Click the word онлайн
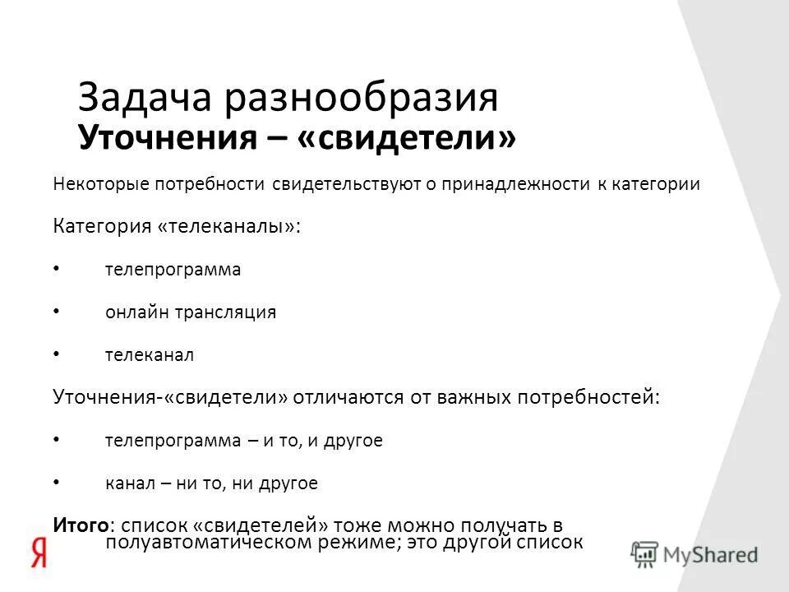[131, 312]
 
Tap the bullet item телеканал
[149, 355]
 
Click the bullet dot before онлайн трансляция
[56, 312]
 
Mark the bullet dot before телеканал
[56, 354]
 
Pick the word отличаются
[341, 397]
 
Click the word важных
[467, 397]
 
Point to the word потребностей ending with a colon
[587, 397]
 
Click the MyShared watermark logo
[695, 553]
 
